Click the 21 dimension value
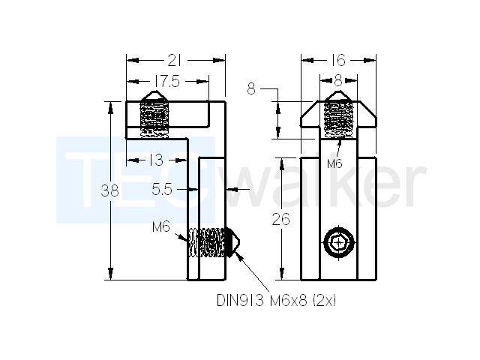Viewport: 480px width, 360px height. [174, 61]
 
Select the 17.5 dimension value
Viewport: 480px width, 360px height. [167, 82]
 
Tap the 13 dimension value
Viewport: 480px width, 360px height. [157, 160]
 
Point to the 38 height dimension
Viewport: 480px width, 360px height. [109, 191]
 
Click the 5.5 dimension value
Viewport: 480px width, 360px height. [162, 190]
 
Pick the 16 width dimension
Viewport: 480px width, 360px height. [338, 60]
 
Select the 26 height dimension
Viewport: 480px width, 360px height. [280, 220]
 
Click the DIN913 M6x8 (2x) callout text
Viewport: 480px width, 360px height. [276, 301]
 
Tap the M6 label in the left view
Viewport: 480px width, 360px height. [161, 227]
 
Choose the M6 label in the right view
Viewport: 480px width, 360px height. [334, 163]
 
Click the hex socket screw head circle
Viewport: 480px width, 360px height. [338, 243]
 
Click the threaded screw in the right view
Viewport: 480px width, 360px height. [338, 119]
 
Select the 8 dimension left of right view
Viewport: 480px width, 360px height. [251, 89]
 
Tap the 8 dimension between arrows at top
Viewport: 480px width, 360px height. [338, 81]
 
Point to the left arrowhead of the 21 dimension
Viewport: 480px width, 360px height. [133, 60]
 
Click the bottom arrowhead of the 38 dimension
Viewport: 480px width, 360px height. [111, 273]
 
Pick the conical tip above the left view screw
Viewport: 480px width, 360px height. [155, 96]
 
